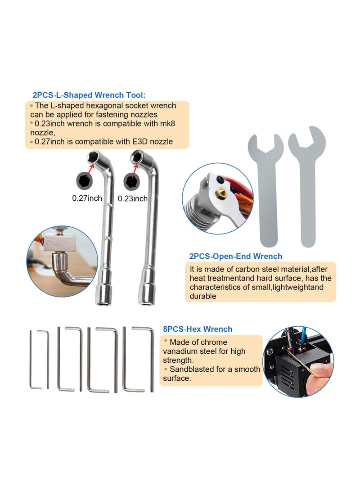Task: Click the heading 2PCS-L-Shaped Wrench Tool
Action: [x=89, y=95]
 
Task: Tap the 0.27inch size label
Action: [x=87, y=198]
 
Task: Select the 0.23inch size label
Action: [x=132, y=198]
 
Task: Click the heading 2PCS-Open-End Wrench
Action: [x=236, y=257]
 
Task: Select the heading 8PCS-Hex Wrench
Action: [x=198, y=329]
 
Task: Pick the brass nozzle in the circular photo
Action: [x=220, y=193]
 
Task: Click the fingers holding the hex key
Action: [x=320, y=371]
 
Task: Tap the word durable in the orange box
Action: [x=203, y=296]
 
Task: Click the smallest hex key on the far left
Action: [x=31, y=360]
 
